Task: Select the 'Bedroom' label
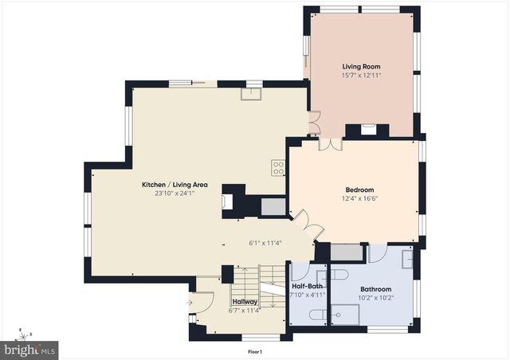coord(359,190)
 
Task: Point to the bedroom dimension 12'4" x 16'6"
coord(359,198)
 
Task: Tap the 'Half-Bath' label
coord(307,287)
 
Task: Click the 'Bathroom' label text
coord(376,289)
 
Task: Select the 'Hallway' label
coord(244,303)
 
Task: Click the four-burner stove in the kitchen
coord(278,167)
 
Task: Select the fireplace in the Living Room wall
coord(369,128)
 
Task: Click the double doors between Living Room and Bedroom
coord(330,144)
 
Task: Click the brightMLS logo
coord(29,349)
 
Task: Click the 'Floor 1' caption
coord(254,351)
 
